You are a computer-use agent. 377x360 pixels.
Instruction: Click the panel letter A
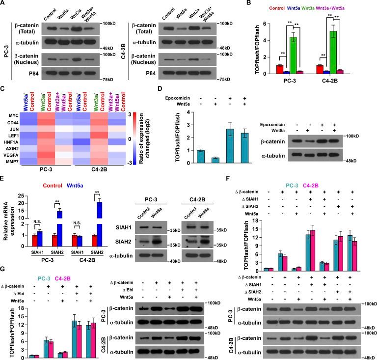(4, 4)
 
